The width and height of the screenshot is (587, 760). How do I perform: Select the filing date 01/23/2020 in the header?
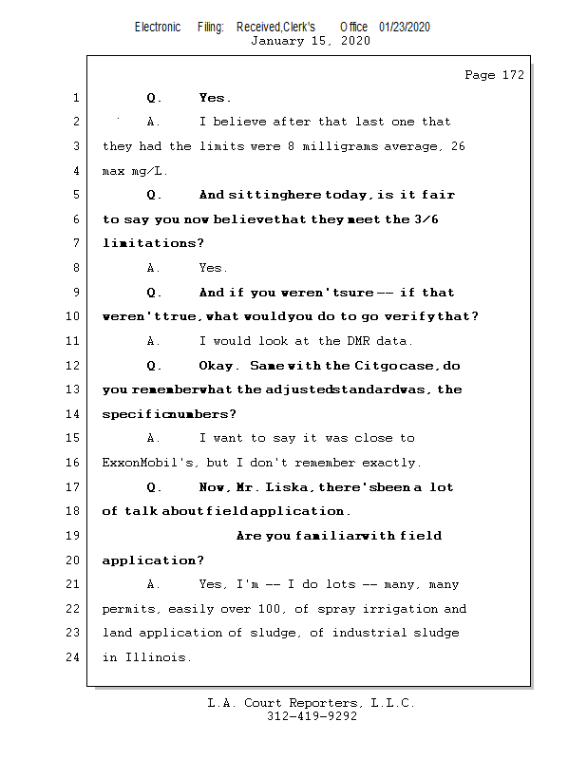[x=405, y=27]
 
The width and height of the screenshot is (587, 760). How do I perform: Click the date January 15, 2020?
[x=311, y=41]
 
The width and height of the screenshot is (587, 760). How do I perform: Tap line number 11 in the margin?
[x=75, y=341]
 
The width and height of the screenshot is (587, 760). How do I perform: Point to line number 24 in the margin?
[x=75, y=657]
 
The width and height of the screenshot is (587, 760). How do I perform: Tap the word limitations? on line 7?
[x=153, y=244]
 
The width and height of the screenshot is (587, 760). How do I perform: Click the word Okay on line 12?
[x=218, y=366]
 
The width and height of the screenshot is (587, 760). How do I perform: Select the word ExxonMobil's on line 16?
[x=145, y=463]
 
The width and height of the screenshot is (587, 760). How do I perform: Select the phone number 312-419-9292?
[x=312, y=717]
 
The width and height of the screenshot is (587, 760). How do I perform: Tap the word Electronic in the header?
[x=158, y=27]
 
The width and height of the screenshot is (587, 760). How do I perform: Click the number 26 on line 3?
[x=456, y=146]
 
